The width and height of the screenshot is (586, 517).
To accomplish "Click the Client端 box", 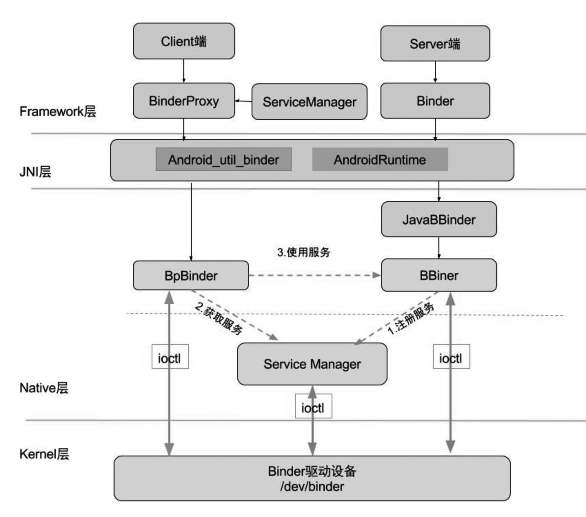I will pyautogui.click(x=184, y=41).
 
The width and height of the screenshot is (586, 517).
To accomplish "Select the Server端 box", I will pyautogui.click(x=435, y=44).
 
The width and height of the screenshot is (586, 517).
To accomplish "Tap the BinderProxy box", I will pyautogui.click(x=184, y=101).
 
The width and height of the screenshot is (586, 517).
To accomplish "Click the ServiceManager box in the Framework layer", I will pyautogui.click(x=309, y=102).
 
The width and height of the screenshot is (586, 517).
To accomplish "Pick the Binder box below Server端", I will pyautogui.click(x=435, y=101).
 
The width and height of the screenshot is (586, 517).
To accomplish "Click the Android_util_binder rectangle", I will pyautogui.click(x=223, y=160).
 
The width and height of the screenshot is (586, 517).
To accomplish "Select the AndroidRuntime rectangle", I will pyautogui.click(x=380, y=160).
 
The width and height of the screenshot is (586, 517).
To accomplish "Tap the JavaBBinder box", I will pyautogui.click(x=439, y=220).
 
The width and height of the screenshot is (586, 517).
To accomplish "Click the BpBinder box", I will pyautogui.click(x=191, y=276).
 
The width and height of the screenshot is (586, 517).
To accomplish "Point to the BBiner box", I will pyautogui.click(x=439, y=275).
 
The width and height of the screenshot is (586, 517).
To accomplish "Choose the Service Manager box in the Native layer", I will pyautogui.click(x=312, y=364).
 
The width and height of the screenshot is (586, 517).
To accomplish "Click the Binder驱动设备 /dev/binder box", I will pyautogui.click(x=312, y=478).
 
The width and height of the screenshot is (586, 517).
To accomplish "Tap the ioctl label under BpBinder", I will pyautogui.click(x=170, y=357).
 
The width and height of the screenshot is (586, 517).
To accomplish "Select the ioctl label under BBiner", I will pyautogui.click(x=451, y=357).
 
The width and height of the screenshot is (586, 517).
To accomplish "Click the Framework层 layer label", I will pyautogui.click(x=58, y=111).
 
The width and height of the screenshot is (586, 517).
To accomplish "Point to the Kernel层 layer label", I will pyautogui.click(x=44, y=454).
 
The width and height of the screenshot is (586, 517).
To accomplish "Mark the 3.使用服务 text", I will pyautogui.click(x=303, y=252).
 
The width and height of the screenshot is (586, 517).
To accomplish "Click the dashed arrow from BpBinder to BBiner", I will pyautogui.click(x=314, y=275).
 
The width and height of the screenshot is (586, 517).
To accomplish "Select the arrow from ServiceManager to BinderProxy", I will pyautogui.click(x=243, y=101).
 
